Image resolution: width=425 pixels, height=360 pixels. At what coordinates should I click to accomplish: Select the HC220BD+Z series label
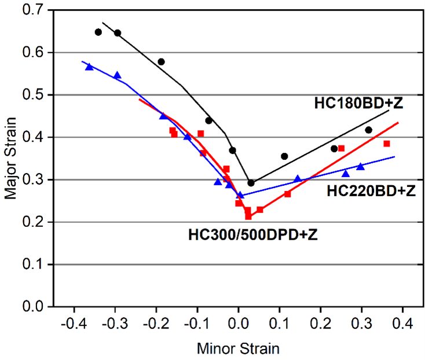click(x=371, y=190)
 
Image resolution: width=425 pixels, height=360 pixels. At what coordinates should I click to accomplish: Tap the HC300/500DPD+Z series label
click(x=252, y=235)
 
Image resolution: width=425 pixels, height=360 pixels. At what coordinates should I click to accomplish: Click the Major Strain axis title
click(x=11, y=157)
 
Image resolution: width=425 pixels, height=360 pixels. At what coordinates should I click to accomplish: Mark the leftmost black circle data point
click(x=98, y=32)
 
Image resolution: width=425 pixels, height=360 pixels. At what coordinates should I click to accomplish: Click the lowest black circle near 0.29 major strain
click(x=251, y=183)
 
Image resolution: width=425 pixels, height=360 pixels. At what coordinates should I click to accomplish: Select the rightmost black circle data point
click(x=368, y=130)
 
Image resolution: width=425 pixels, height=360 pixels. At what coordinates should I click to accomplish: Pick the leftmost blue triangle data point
click(x=89, y=67)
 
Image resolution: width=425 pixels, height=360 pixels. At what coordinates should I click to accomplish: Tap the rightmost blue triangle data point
click(x=360, y=167)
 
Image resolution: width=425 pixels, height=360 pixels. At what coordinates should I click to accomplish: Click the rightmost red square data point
click(x=387, y=144)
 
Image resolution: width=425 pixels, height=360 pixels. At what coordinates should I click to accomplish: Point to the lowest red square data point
click(x=248, y=216)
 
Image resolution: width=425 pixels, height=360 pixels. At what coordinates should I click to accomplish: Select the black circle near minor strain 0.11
click(x=284, y=156)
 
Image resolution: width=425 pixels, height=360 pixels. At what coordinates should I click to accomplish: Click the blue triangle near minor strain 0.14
click(x=298, y=179)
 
